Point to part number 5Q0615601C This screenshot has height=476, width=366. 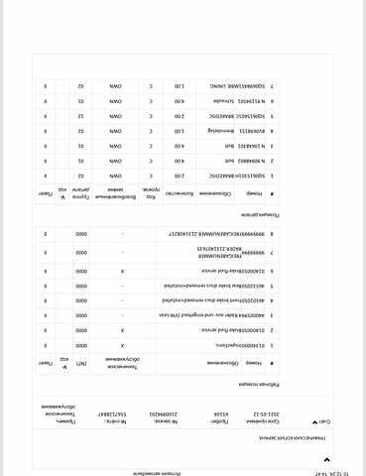click(251, 115)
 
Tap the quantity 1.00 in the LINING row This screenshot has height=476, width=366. click(180, 86)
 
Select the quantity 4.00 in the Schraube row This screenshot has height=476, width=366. click(180, 101)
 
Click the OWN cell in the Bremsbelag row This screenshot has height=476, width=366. click(112, 130)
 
